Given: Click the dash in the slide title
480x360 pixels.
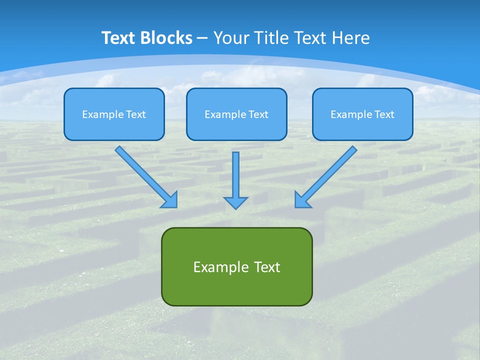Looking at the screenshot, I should tap(202, 38).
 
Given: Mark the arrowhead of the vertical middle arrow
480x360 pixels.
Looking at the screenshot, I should tap(235, 202).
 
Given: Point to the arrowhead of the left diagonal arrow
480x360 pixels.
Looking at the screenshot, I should tap(170, 200).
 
